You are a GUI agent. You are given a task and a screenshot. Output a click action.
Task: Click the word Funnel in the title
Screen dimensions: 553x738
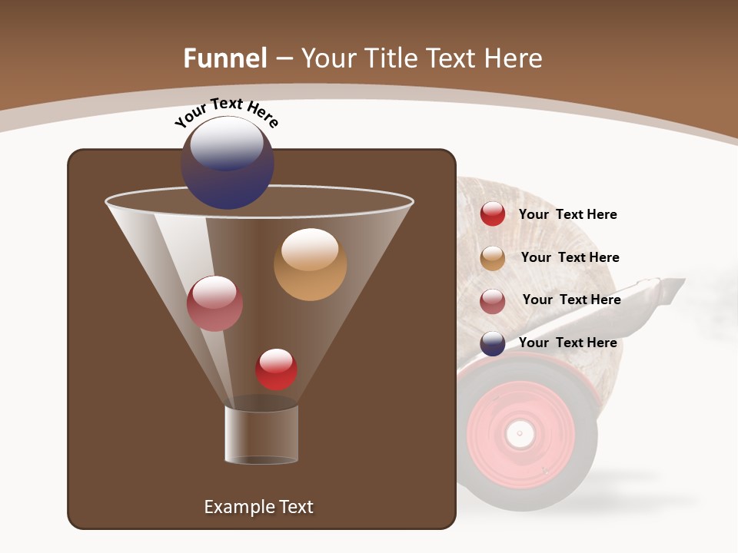[x=225, y=58]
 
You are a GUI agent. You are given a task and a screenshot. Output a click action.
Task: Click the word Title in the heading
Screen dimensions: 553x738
[x=390, y=58]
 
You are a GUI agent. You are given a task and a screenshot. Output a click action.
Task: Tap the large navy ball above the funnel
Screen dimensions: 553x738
[x=227, y=162]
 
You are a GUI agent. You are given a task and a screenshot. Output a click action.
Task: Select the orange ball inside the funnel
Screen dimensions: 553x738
[x=310, y=264]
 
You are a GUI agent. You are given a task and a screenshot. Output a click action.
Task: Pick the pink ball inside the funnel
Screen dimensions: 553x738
[x=214, y=303]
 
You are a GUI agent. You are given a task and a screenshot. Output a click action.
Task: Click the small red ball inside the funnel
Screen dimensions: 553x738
[x=276, y=369]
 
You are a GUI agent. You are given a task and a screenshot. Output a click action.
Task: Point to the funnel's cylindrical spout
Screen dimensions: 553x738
[x=261, y=434]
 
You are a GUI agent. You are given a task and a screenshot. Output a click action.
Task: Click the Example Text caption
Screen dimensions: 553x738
[x=258, y=507]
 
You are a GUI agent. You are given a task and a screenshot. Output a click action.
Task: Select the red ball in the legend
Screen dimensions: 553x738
[x=492, y=214]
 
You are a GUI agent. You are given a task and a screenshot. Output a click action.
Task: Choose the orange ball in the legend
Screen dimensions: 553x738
[x=492, y=258]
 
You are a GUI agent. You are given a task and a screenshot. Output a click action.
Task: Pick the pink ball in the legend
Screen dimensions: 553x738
[x=492, y=301]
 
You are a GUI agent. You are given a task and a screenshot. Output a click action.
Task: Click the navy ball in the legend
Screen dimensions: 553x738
[x=492, y=343]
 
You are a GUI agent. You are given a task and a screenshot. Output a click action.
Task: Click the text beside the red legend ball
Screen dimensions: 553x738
[x=567, y=215]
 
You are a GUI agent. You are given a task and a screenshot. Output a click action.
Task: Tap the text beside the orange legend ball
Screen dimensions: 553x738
[x=570, y=258]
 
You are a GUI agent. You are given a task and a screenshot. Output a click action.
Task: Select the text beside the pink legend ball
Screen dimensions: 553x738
[x=571, y=300]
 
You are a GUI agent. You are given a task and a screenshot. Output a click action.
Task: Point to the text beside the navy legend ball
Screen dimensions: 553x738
[x=567, y=343]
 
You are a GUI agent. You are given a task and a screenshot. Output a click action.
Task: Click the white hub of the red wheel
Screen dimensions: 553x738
[x=520, y=434]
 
